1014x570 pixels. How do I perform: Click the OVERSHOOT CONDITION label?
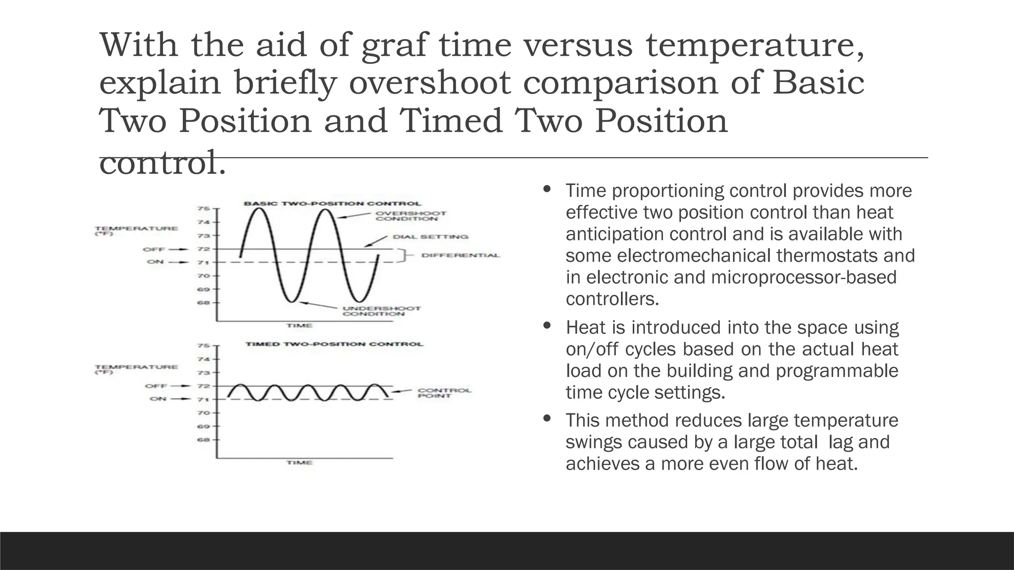(410, 216)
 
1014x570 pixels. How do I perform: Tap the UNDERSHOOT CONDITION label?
(381, 311)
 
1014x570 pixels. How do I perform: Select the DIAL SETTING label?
(430, 237)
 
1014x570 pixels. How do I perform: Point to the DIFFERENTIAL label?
(460, 255)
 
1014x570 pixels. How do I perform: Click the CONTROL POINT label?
(444, 393)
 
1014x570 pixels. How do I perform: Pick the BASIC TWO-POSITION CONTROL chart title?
(332, 203)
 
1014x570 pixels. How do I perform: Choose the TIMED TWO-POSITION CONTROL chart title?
(334, 344)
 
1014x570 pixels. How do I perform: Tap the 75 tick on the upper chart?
(203, 209)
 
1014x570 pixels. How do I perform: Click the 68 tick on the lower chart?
(203, 439)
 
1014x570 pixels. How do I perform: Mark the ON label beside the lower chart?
(158, 399)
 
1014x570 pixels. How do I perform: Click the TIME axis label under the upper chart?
(299, 326)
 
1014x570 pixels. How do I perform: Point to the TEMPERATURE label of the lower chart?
(136, 367)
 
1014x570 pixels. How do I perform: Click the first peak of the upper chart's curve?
(259, 209)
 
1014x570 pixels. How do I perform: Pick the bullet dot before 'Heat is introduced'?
(547, 326)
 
